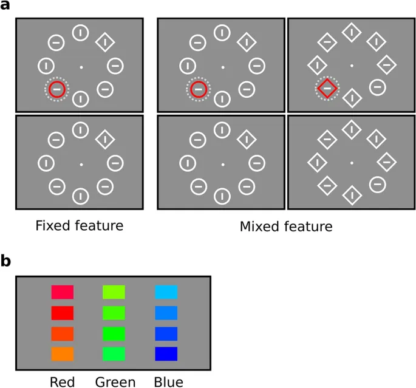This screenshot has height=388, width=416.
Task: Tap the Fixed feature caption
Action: tap(79, 226)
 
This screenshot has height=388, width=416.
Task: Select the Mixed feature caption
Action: tap(286, 226)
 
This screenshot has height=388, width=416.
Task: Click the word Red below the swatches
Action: tap(62, 382)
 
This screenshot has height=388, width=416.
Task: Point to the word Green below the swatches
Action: tap(115, 382)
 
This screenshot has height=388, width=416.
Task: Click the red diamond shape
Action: tap(327, 89)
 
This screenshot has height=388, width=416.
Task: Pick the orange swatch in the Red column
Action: tap(63, 353)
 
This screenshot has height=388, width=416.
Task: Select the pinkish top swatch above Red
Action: tap(63, 293)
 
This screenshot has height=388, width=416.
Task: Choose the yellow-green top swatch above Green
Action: tap(114, 293)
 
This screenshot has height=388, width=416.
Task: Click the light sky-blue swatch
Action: tap(166, 293)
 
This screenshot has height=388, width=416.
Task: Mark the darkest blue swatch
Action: tap(166, 353)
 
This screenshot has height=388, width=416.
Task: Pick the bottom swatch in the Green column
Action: tap(114, 353)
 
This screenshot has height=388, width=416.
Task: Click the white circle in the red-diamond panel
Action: tap(377, 87)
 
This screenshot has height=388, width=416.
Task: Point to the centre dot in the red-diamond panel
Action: tap(351, 66)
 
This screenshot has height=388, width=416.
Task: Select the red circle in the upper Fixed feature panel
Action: tap(57, 89)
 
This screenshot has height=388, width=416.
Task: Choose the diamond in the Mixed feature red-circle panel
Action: tap(246, 42)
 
